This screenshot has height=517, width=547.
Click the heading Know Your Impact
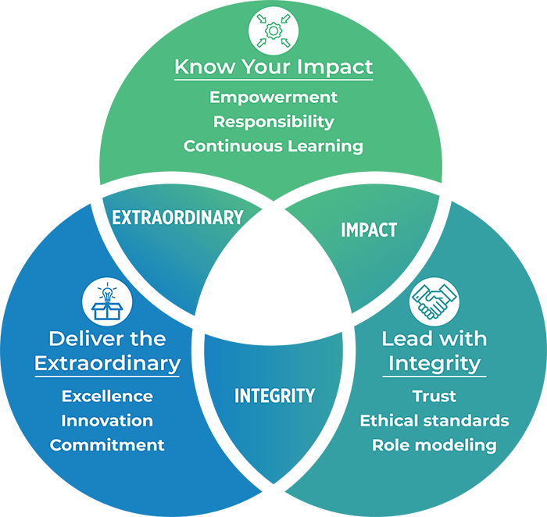[x=273, y=66]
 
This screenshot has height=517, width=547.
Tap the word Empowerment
[x=273, y=98]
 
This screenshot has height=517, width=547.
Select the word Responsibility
[x=273, y=122]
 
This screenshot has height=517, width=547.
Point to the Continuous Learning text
[x=273, y=146]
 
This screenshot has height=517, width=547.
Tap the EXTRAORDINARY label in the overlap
[x=177, y=218]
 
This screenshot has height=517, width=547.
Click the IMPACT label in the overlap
[x=369, y=230]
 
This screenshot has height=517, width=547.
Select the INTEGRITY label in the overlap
[x=274, y=396]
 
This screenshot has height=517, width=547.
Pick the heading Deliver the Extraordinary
[x=108, y=351]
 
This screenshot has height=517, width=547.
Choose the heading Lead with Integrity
[x=434, y=351]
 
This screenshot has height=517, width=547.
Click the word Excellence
[x=108, y=397]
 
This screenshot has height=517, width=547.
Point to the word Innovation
[x=108, y=421]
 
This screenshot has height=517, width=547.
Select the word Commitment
[x=108, y=445]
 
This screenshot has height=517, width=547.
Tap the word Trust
[x=434, y=397]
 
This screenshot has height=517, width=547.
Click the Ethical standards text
[x=434, y=421]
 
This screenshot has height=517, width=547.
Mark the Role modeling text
[x=434, y=445]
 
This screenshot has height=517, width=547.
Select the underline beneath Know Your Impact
[x=273, y=80]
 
